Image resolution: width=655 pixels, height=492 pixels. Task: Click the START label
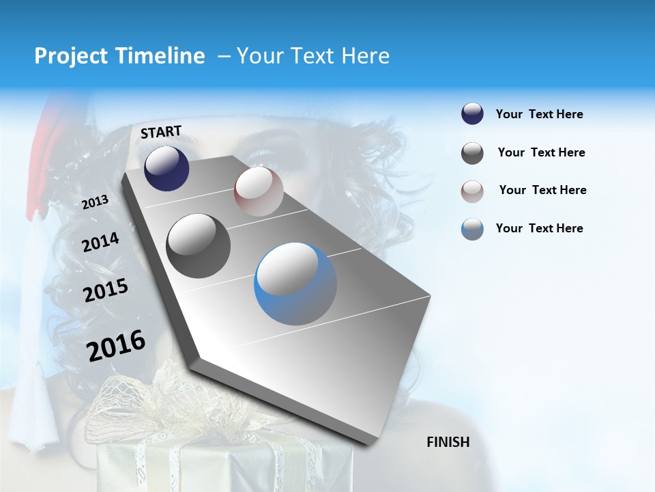161,132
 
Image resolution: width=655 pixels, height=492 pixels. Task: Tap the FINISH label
448,442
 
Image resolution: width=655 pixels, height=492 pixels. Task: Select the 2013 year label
95,202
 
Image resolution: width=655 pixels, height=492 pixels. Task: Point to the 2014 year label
100,243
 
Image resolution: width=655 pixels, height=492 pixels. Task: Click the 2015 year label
106,291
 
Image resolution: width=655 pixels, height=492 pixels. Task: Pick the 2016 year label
116,346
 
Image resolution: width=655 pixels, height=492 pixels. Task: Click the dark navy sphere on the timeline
166,168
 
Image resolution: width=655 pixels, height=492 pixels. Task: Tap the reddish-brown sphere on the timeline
259,192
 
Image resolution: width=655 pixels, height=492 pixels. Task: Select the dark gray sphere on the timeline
199,246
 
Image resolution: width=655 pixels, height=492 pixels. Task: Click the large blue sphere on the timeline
295,284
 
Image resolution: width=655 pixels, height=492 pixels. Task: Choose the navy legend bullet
472,114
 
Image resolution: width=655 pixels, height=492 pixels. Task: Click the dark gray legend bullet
472,153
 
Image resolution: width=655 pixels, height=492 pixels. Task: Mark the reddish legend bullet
472,191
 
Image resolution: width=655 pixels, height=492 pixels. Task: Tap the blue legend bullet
472,229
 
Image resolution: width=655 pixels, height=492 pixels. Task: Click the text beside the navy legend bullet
539,114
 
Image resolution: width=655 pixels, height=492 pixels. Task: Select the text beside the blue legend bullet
539,228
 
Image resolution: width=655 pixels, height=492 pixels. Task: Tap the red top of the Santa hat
42,130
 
